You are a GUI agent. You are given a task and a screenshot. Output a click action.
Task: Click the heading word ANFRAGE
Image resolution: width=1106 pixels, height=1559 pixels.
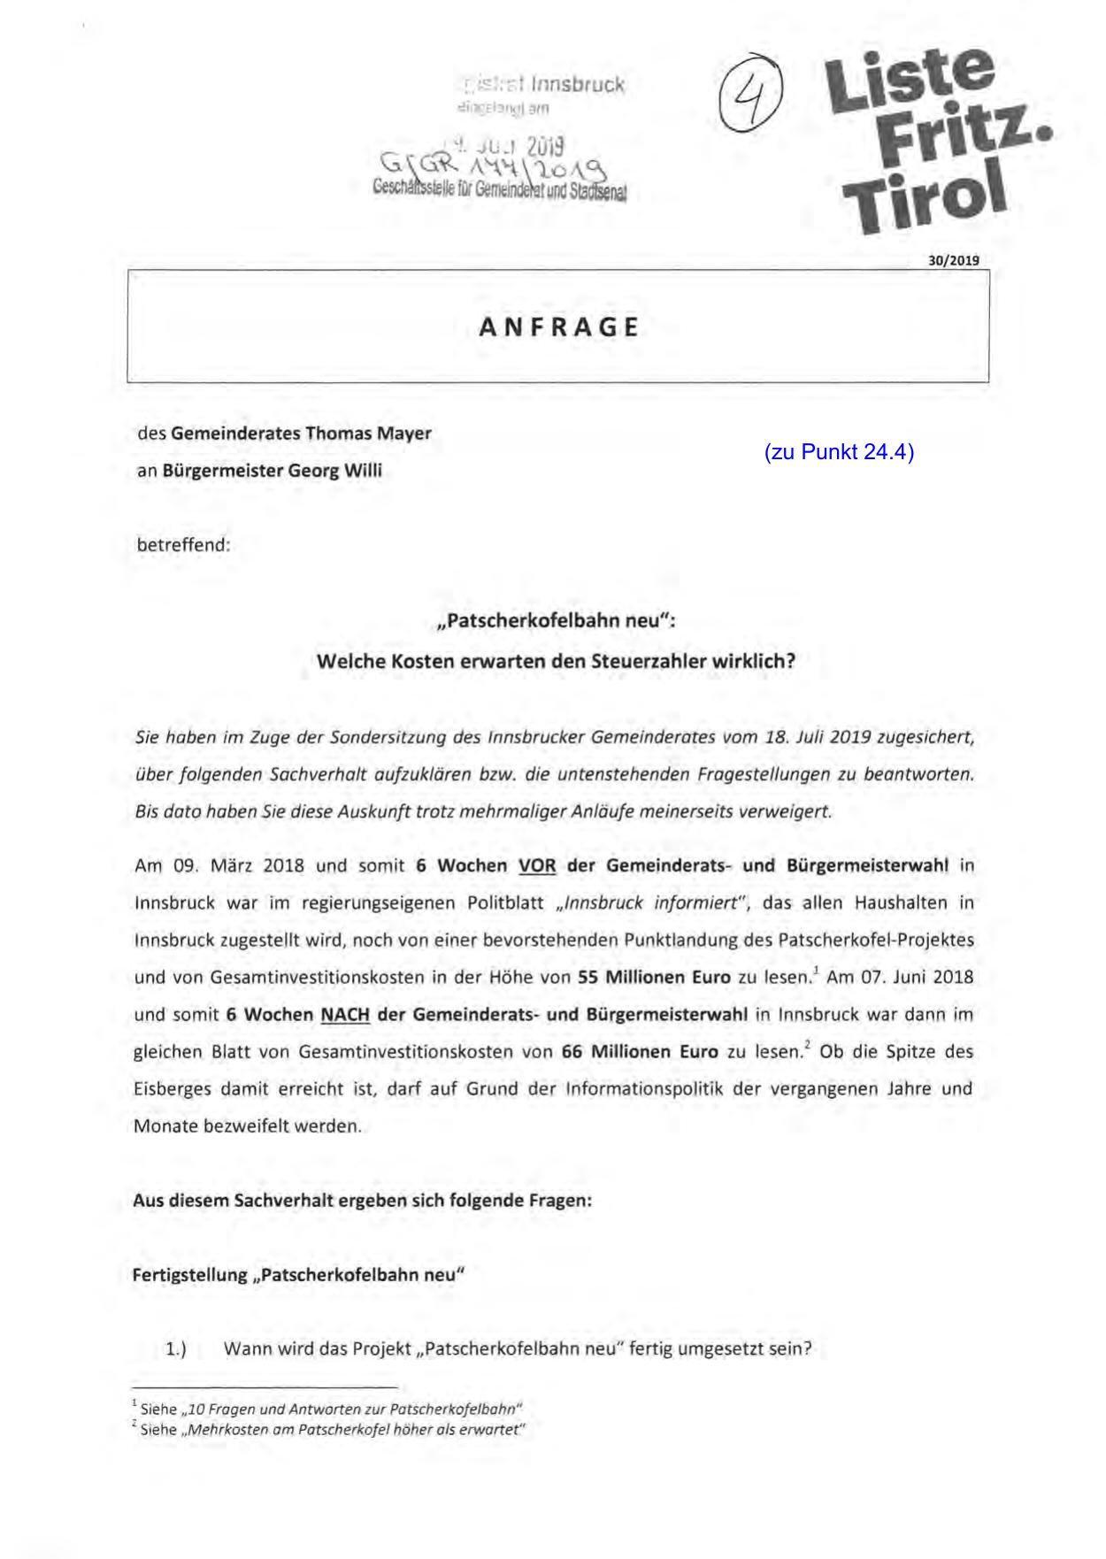tap(558, 327)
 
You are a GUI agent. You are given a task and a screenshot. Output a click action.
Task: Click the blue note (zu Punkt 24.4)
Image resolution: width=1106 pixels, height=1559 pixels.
tap(839, 452)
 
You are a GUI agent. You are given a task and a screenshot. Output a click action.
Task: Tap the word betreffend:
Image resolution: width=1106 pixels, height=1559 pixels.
tap(183, 545)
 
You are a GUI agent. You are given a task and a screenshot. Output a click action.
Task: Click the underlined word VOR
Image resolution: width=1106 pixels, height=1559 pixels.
tap(536, 865)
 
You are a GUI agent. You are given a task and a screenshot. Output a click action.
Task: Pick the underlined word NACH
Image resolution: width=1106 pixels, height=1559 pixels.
tap(345, 1015)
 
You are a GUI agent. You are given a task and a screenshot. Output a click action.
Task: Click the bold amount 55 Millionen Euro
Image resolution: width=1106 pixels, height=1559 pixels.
tap(654, 978)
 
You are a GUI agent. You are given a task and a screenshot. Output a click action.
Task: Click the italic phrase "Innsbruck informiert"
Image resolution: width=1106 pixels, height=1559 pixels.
tap(653, 903)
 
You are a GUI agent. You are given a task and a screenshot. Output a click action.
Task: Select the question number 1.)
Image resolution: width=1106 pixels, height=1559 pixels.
tap(176, 1349)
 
